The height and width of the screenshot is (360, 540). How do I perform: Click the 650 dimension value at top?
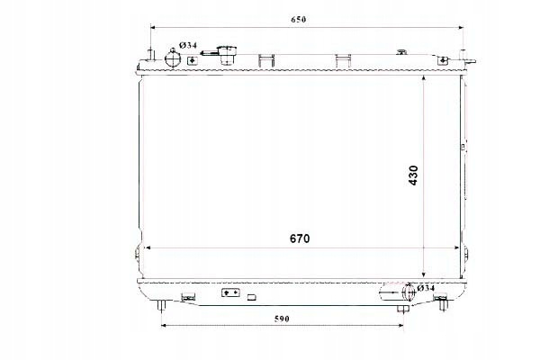298,20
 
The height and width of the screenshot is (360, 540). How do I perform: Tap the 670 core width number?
300,238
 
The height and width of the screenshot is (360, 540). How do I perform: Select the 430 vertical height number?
414,175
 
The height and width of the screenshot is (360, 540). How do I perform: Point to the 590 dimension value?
282,319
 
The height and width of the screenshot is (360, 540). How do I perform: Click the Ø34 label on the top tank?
188,45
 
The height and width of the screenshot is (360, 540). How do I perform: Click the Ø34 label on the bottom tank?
426,288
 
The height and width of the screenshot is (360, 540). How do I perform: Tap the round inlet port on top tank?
173,58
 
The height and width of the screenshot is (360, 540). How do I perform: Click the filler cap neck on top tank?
227,55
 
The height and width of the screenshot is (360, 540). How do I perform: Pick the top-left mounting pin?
150,55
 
